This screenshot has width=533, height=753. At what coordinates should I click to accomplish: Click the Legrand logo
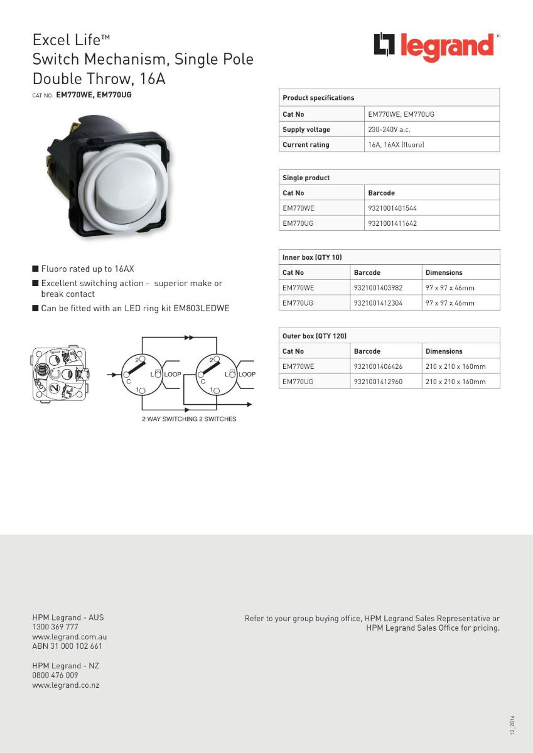(x=436, y=47)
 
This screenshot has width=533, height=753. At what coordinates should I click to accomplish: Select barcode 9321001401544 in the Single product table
(x=392, y=208)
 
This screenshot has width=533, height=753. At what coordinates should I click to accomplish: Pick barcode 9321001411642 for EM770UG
(x=392, y=223)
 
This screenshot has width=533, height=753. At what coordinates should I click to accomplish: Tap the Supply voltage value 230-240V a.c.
(x=389, y=129)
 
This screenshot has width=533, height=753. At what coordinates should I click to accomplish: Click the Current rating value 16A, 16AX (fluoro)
(x=396, y=145)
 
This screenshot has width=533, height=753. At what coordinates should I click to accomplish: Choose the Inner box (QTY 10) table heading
(x=312, y=257)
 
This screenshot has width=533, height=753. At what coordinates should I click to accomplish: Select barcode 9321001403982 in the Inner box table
(x=378, y=288)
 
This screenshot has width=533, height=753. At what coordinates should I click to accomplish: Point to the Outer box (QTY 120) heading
(x=314, y=336)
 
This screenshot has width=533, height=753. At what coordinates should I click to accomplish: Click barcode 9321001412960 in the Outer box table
(x=378, y=382)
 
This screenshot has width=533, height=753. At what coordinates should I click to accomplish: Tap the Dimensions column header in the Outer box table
(x=444, y=351)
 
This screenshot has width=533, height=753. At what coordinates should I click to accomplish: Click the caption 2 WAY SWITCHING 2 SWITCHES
(x=189, y=419)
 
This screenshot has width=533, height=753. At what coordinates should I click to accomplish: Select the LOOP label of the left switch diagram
(x=173, y=374)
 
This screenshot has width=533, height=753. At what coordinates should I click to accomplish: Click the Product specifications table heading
(x=318, y=98)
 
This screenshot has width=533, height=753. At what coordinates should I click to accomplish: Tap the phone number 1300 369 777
(x=55, y=627)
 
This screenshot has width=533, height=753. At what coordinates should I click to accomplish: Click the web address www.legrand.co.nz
(x=66, y=685)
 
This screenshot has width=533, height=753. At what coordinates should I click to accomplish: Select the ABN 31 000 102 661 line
(x=67, y=646)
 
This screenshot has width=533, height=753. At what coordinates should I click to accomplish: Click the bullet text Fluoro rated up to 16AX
(x=87, y=269)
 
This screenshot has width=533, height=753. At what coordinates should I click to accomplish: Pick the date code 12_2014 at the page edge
(x=512, y=725)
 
